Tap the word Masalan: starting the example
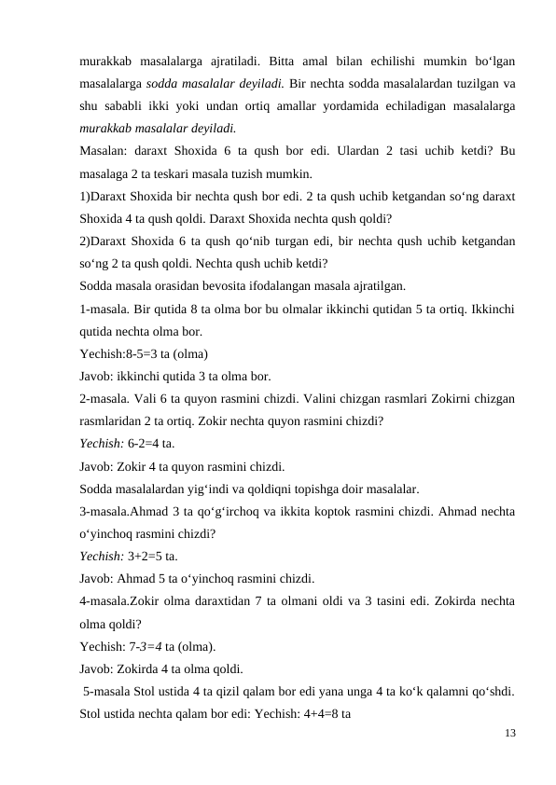(104, 151)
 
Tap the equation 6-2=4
(145, 443)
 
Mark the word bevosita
(237, 285)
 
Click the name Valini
(315, 398)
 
